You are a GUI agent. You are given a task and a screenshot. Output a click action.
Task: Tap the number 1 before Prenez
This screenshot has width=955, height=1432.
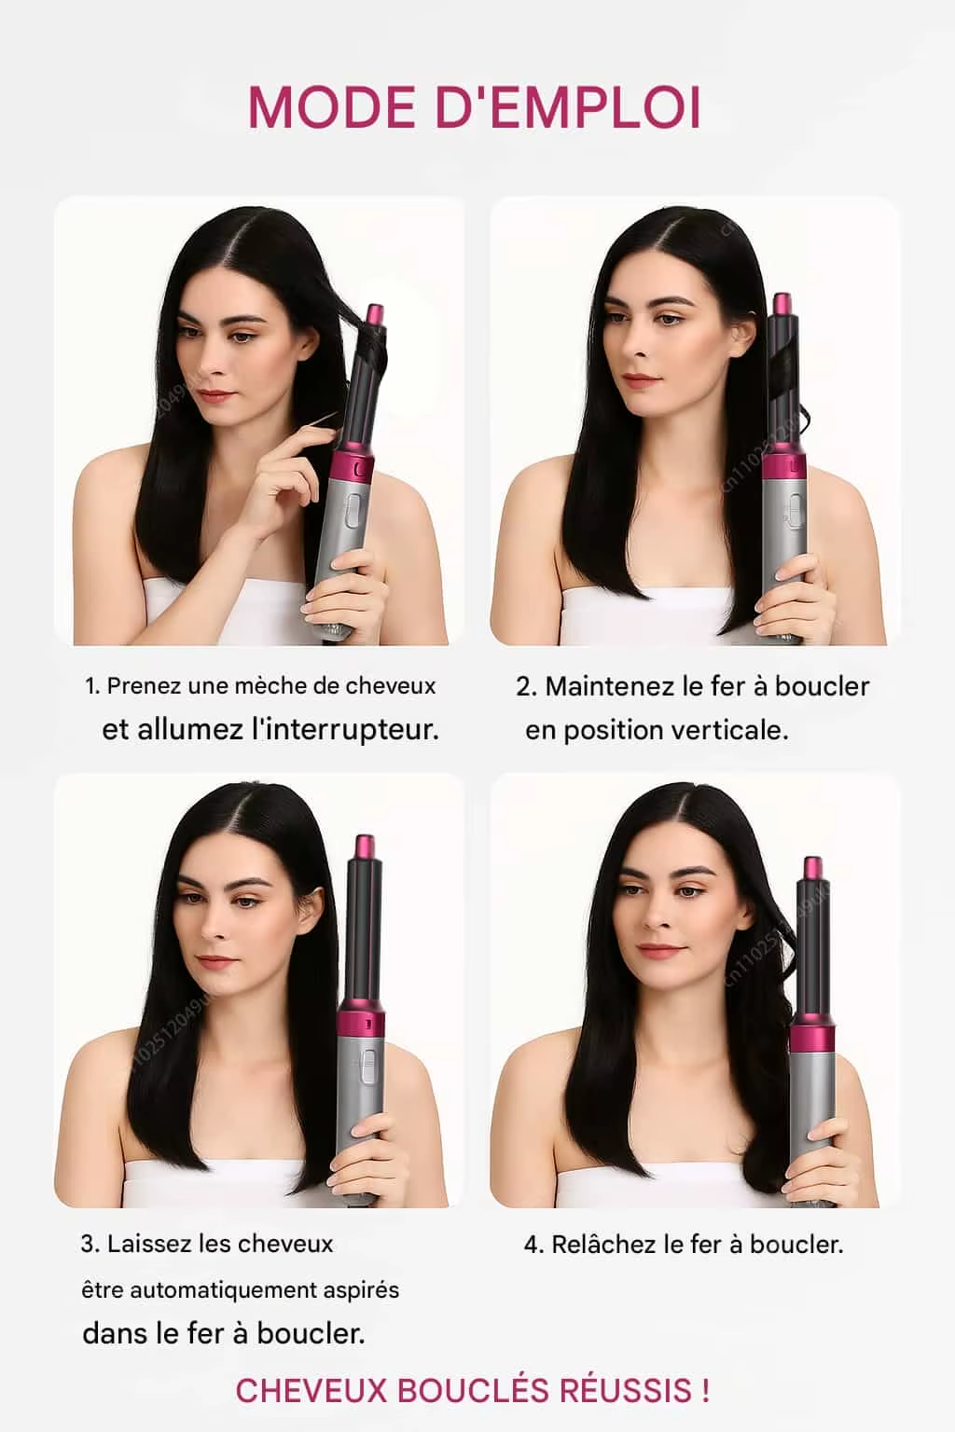point(90,686)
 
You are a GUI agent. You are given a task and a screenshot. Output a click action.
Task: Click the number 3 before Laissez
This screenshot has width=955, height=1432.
point(88,1244)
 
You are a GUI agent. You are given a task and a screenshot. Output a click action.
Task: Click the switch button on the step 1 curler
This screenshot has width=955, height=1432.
point(353,512)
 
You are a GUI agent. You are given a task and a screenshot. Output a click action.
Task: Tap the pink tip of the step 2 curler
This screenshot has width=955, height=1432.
point(782,305)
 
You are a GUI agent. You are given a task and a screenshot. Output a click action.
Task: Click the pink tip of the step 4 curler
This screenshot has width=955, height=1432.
point(812,868)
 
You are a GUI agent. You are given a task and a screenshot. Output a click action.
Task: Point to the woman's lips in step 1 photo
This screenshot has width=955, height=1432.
point(216,395)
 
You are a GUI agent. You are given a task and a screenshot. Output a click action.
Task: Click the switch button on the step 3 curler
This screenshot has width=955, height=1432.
point(367,1066)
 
